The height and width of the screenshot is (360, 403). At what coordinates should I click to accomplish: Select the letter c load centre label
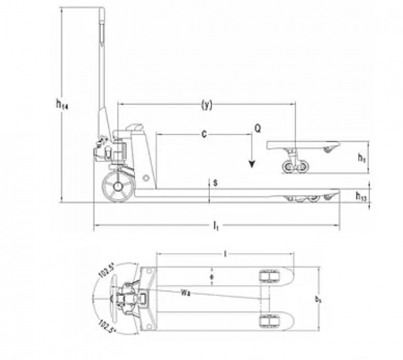(x=204, y=136)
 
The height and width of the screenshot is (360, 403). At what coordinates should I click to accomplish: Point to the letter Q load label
(x=257, y=128)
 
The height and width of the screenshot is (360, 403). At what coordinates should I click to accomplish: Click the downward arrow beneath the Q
(x=253, y=160)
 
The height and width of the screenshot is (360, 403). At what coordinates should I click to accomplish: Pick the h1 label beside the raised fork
(x=362, y=158)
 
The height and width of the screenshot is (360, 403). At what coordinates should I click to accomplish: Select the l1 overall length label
(x=215, y=226)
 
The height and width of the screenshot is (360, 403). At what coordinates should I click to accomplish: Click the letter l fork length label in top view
(x=225, y=254)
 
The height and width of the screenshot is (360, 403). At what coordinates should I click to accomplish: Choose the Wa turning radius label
(x=184, y=292)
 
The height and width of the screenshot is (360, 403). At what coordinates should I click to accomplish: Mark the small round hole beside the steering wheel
(x=145, y=178)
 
